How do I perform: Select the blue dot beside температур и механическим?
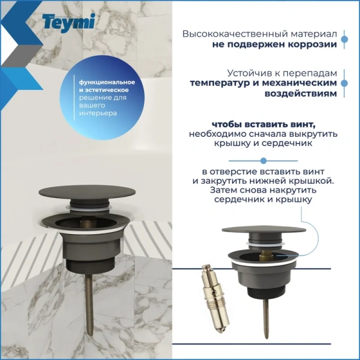click(344, 83)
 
